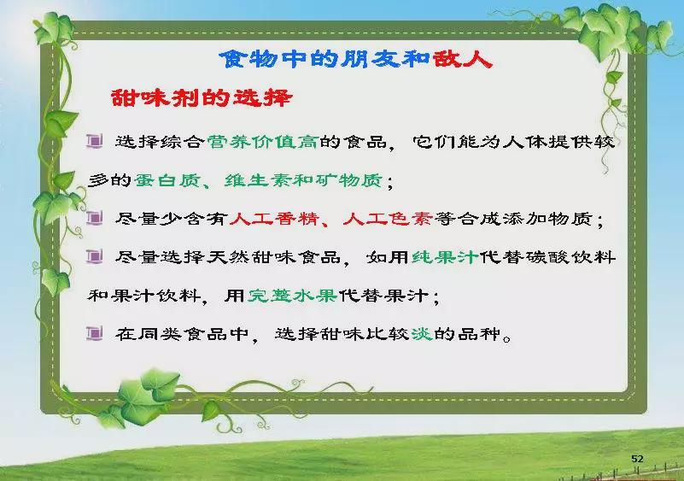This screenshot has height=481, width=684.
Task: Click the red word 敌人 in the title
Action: pyautogui.click(x=463, y=59)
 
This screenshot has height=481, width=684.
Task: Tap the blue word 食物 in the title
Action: pyautogui.click(x=248, y=59)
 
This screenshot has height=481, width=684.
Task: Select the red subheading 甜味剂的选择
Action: pyautogui.click(x=201, y=97)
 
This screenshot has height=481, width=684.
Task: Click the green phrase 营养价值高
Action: pyautogui.click(x=262, y=142)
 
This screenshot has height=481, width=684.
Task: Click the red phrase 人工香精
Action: pyautogui.click(x=274, y=218)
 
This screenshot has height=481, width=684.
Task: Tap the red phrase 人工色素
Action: pyautogui.click(x=388, y=218)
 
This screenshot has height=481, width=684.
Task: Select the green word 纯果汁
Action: pyautogui.click(x=445, y=256)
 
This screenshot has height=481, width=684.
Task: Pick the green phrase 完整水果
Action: pyautogui.click(x=292, y=296)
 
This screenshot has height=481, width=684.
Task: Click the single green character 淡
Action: pyautogui.click(x=421, y=334)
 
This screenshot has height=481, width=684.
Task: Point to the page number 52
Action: pyautogui.click(x=637, y=458)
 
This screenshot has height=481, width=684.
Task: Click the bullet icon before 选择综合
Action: pyautogui.click(x=95, y=141)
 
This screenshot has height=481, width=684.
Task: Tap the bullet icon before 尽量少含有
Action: pyautogui.click(x=95, y=217)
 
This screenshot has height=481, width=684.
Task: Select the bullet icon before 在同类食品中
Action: pyautogui.click(x=95, y=333)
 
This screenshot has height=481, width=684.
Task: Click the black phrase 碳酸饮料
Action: pyautogui.click(x=570, y=256)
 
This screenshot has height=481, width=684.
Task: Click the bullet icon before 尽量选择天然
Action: pyautogui.click(x=95, y=256)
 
